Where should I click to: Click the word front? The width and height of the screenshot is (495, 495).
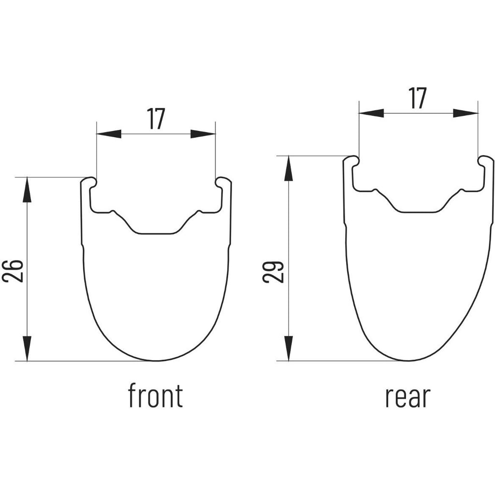pyautogui.click(x=155, y=395)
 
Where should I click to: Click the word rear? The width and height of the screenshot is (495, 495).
pyautogui.click(x=408, y=397)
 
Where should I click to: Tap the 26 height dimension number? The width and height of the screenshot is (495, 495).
pyautogui.click(x=13, y=271)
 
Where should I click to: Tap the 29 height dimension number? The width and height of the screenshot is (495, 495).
pyautogui.click(x=274, y=272)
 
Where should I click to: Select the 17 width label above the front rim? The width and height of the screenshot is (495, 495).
pyautogui.click(x=156, y=119)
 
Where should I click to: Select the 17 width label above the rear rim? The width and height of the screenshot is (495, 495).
pyautogui.click(x=417, y=98)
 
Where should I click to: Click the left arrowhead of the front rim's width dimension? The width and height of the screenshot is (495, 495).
pyautogui.click(x=109, y=134)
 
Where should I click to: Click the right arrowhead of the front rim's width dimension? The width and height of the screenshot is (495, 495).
pyautogui.click(x=203, y=134)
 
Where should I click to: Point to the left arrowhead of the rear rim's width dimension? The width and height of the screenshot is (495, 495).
pyautogui.click(x=371, y=113)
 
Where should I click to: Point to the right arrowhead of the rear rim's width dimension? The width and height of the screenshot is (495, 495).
pyautogui.click(x=466, y=113)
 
